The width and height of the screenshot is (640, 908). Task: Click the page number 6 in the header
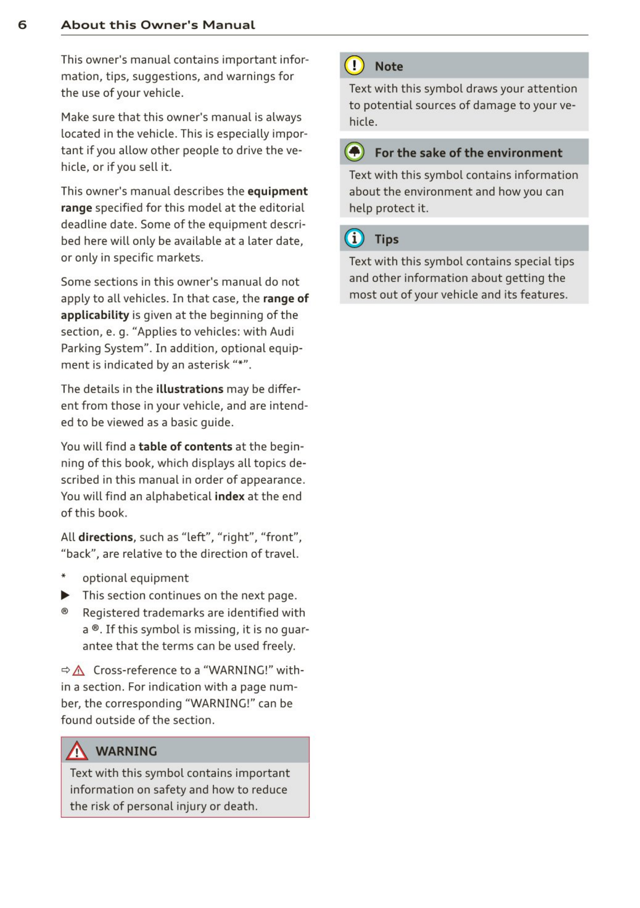(23, 25)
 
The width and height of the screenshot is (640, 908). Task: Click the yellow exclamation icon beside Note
(354, 65)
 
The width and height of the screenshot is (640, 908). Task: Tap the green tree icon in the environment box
(354, 152)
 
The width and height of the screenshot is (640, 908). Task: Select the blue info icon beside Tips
(354, 239)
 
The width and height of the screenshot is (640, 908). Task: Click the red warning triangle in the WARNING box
(77, 751)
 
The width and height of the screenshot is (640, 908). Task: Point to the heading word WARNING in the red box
(126, 751)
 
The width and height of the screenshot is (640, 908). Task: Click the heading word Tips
(386, 239)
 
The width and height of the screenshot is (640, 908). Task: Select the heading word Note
(388, 66)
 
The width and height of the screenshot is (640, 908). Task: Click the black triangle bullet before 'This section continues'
(65, 595)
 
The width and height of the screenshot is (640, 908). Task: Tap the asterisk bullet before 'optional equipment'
(64, 576)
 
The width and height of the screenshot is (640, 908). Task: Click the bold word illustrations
(189, 389)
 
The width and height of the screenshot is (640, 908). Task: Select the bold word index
(229, 496)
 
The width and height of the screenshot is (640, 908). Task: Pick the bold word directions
(106, 537)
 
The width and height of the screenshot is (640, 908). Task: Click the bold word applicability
(95, 315)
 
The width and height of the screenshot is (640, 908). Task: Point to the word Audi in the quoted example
(282, 331)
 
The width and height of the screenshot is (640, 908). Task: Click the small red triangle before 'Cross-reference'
(78, 671)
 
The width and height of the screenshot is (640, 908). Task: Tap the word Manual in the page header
(229, 25)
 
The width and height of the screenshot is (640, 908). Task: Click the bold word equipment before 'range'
(277, 191)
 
